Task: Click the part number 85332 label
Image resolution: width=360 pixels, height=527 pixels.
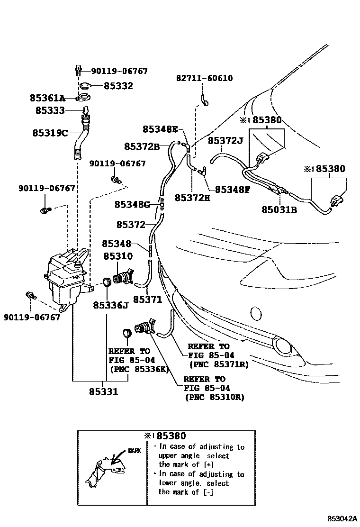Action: [118, 86]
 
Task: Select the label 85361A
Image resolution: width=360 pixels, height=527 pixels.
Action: [47, 98]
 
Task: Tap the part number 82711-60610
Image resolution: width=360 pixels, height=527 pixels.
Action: [204, 78]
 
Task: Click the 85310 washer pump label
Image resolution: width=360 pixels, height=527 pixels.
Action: [118, 256]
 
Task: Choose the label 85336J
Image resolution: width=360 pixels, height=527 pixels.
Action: [111, 305]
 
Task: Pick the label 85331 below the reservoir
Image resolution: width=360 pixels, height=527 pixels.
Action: [104, 392]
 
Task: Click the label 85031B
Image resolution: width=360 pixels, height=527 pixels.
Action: [279, 209]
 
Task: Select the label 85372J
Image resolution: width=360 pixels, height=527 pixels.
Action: [225, 140]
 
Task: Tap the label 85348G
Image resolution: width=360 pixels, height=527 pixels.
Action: [132, 204]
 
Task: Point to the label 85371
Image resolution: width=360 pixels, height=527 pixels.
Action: [147, 300]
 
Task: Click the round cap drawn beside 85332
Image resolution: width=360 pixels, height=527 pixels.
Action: [86, 86]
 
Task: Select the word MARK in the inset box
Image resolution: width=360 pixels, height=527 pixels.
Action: [134, 451]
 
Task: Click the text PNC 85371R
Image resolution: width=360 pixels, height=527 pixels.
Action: [218, 364]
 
